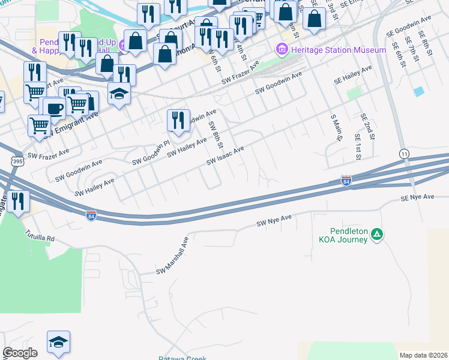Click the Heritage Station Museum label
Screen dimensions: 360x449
tap(338, 50)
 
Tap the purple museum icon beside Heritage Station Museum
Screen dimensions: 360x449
tap(281, 49)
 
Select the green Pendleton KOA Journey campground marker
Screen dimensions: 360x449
tap(376, 233)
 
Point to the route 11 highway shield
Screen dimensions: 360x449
tap(404, 154)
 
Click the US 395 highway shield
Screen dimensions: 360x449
tap(17, 161)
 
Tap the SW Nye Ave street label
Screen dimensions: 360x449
tap(273, 223)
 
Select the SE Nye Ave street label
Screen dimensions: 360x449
tap(418, 197)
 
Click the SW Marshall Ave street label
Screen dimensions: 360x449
tap(172, 255)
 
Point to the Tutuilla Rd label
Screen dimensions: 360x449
tap(40, 235)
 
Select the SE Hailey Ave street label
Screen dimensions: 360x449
tap(353, 76)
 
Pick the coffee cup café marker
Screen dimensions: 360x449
tap(54, 109)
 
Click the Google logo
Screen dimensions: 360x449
tap(20, 353)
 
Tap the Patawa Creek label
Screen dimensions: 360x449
tap(182, 358)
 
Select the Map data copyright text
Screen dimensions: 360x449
tap(424, 355)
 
